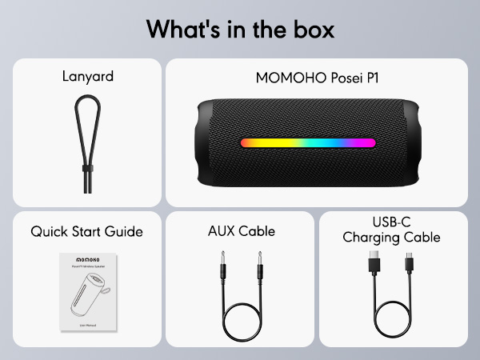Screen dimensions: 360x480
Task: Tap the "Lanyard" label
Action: pyautogui.click(x=88, y=78)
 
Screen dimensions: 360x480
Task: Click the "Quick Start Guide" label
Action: pyautogui.click(x=87, y=232)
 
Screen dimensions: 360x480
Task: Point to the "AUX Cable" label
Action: pyautogui.click(x=241, y=232)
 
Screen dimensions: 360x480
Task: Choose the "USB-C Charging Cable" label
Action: pyautogui.click(x=391, y=230)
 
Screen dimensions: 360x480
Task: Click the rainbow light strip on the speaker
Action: pyautogui.click(x=308, y=143)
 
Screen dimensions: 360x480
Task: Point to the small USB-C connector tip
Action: pyautogui.click(x=410, y=258)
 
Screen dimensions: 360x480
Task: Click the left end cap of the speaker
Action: pyautogui.click(x=206, y=143)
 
